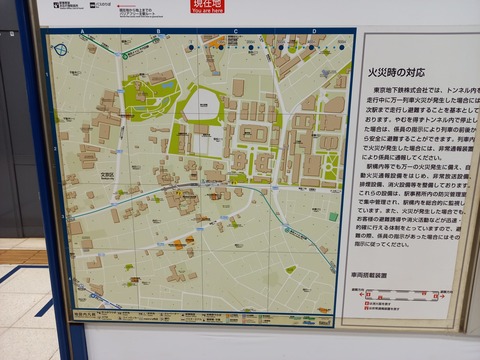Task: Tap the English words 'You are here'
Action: (x=208, y=11)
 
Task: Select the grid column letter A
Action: (x=81, y=32)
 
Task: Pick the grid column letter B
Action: (x=158, y=32)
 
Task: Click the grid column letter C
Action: (x=236, y=32)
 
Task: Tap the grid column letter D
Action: (x=313, y=32)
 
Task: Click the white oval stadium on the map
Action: (x=203, y=103)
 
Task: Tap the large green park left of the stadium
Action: (x=150, y=95)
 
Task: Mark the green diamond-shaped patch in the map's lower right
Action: (x=290, y=269)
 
